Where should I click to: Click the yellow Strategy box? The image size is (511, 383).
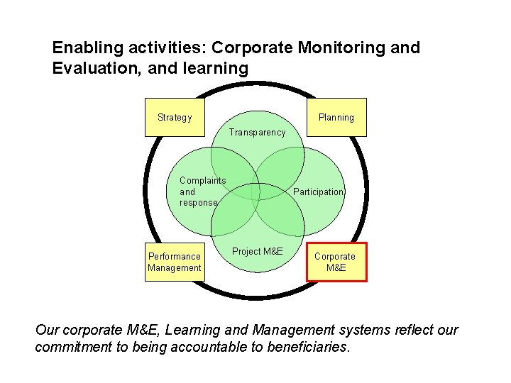pyautogui.click(x=175, y=117)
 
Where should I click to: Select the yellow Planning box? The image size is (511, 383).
pyautogui.click(x=336, y=117)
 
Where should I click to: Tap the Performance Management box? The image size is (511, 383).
pyautogui.click(x=175, y=262)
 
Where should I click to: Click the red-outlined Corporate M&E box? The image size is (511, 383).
pyautogui.click(x=336, y=262)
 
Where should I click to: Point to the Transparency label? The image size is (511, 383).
pyautogui.click(x=257, y=132)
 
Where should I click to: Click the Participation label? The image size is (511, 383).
pyautogui.click(x=319, y=192)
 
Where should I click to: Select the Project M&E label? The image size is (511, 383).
pyautogui.click(x=257, y=252)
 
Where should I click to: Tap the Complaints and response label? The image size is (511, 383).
pyautogui.click(x=202, y=191)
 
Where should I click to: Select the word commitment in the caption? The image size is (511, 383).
pyautogui.click(x=75, y=348)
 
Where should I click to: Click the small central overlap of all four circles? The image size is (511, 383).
pyautogui.click(x=257, y=191)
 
